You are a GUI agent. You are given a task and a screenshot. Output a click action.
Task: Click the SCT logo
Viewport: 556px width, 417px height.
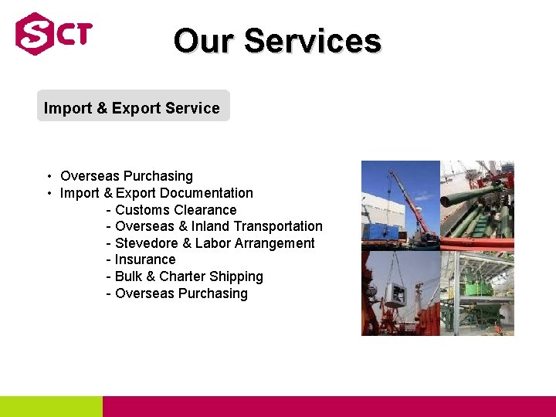[x=53, y=34]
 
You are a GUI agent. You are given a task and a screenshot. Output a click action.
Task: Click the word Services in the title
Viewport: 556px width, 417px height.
[x=313, y=41]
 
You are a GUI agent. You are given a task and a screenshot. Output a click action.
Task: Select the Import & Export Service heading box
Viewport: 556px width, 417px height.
[x=133, y=107]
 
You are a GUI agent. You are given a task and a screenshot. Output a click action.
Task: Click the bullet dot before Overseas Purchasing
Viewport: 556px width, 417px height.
[x=49, y=177]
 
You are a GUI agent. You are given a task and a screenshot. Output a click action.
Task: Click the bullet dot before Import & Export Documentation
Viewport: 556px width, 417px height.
[x=49, y=194]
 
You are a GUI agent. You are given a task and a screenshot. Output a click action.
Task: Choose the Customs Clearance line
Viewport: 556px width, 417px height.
[x=175, y=210]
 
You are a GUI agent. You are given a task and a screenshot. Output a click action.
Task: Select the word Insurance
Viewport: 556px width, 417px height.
[x=145, y=259]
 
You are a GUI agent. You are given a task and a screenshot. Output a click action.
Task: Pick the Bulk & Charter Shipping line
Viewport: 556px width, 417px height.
[x=188, y=276]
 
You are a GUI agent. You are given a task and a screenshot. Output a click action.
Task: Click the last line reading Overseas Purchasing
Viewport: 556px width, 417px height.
[x=181, y=293]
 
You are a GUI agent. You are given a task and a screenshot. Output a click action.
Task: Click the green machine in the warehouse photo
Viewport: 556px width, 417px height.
[x=482, y=286]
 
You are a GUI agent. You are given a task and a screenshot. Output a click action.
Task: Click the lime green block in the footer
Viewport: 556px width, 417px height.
[x=51, y=406]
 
